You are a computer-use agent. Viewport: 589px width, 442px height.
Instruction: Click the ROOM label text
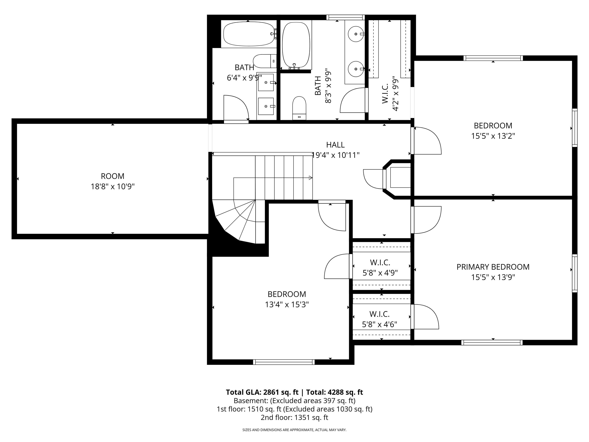tap(112, 176)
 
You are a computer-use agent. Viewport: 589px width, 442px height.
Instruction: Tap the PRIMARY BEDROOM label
tap(493, 267)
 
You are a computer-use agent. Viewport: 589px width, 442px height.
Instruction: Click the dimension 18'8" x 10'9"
tap(113, 186)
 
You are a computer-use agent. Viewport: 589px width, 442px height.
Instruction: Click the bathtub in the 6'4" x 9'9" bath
tap(249, 34)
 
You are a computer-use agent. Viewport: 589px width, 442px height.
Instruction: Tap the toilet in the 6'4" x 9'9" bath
tap(265, 61)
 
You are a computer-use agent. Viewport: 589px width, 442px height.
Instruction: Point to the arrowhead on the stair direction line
tap(310, 178)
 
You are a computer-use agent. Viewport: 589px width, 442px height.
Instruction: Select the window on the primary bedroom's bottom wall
tap(492, 343)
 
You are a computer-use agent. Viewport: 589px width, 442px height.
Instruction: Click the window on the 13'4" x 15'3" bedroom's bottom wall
tap(284, 362)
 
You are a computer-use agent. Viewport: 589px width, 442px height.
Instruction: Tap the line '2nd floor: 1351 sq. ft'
tap(294, 417)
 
